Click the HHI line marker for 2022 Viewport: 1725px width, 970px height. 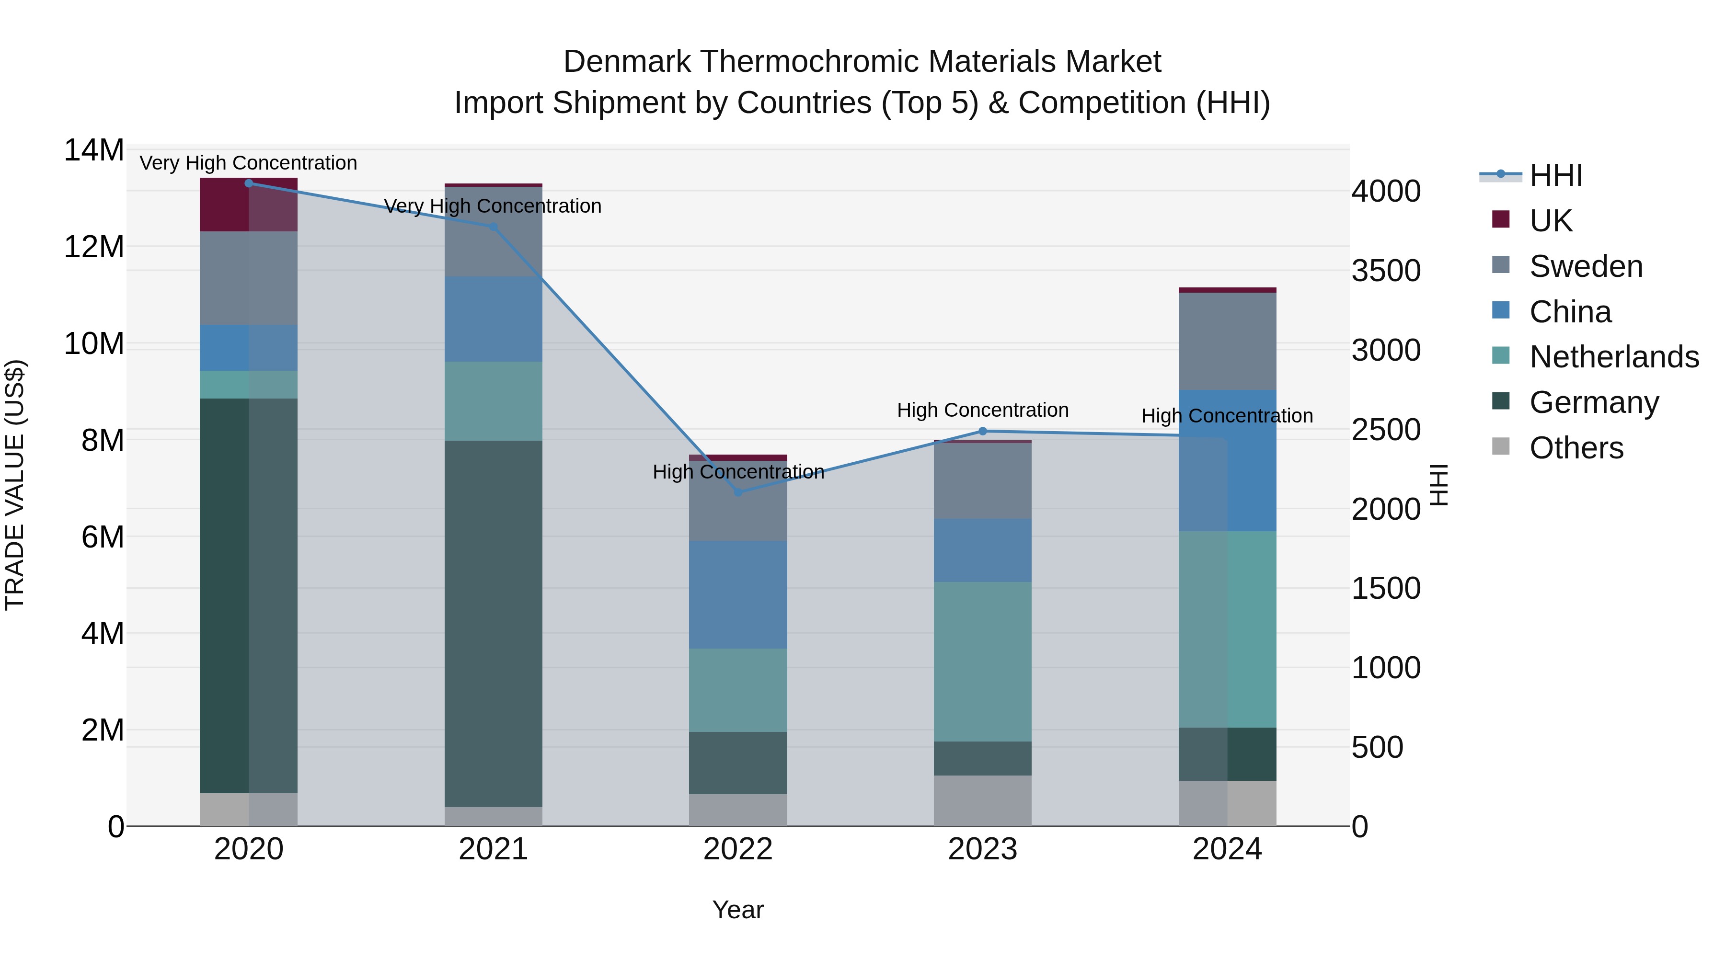click(x=738, y=492)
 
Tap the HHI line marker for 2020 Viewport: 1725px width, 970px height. click(x=248, y=183)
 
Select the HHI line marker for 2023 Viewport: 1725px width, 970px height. click(x=982, y=431)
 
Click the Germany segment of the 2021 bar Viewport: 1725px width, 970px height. click(x=494, y=623)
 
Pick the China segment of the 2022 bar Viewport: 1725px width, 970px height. click(x=738, y=594)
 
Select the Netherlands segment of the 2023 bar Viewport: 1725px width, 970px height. click(x=982, y=662)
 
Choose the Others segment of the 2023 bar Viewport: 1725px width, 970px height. click(x=982, y=800)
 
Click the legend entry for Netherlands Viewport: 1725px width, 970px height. click(x=1613, y=357)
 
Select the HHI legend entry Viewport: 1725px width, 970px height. click(x=1555, y=175)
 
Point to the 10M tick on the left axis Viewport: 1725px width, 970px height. click(x=94, y=343)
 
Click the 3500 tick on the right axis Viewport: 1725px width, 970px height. click(x=1385, y=271)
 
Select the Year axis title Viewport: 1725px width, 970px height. click(x=738, y=910)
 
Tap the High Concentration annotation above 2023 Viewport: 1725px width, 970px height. click(x=982, y=410)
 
